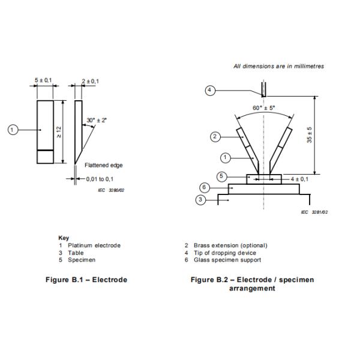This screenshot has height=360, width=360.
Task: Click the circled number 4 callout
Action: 210,91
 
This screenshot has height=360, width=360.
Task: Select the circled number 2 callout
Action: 215,137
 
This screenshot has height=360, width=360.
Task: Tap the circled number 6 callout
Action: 204,188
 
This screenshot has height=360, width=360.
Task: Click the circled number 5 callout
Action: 221,176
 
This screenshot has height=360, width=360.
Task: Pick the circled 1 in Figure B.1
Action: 13,128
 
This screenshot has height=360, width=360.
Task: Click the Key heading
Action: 63,238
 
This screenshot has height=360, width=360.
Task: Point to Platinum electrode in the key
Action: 94,245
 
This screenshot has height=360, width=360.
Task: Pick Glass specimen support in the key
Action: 231,260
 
